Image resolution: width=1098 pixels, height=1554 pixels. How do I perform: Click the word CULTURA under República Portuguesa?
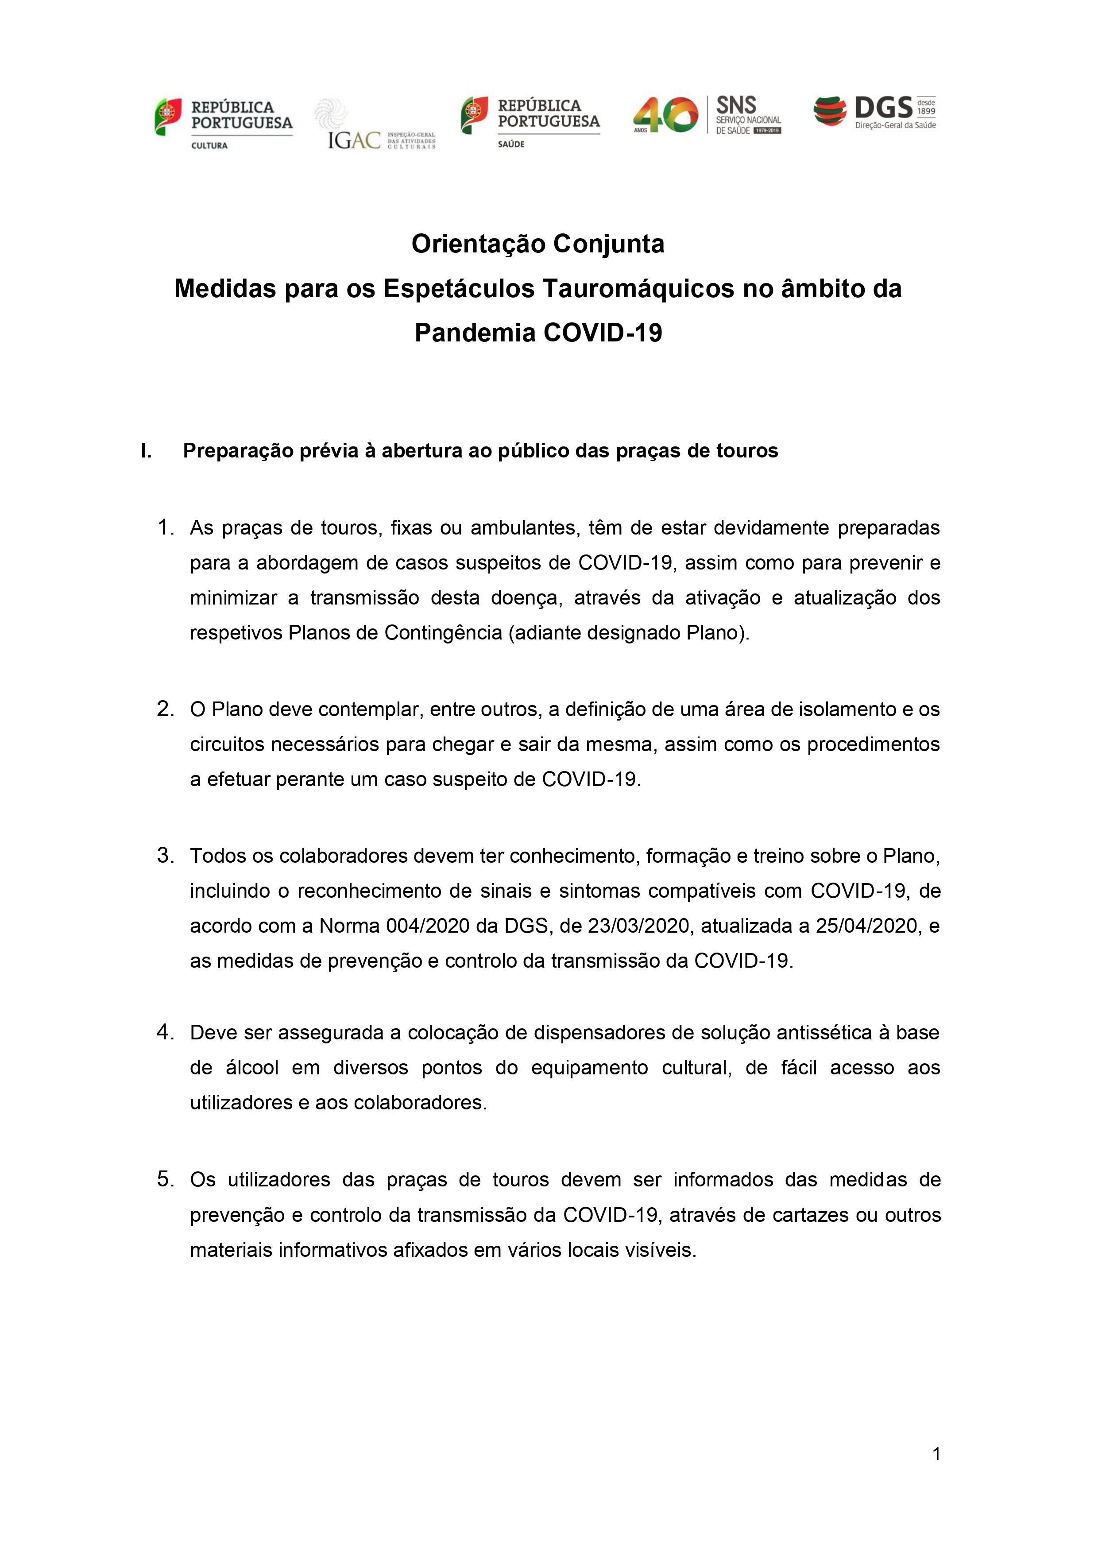[x=210, y=146]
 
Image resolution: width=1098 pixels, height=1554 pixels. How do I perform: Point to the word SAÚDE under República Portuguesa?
[x=511, y=144]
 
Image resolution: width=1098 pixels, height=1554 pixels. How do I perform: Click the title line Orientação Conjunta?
[x=538, y=244]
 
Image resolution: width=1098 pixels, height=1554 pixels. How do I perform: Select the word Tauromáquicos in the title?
[x=638, y=289]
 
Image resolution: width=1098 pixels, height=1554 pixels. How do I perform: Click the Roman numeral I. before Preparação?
[x=146, y=451]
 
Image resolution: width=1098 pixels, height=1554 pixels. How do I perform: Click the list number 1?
[x=166, y=527]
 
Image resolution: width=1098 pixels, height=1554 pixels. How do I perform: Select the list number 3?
[x=166, y=856]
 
